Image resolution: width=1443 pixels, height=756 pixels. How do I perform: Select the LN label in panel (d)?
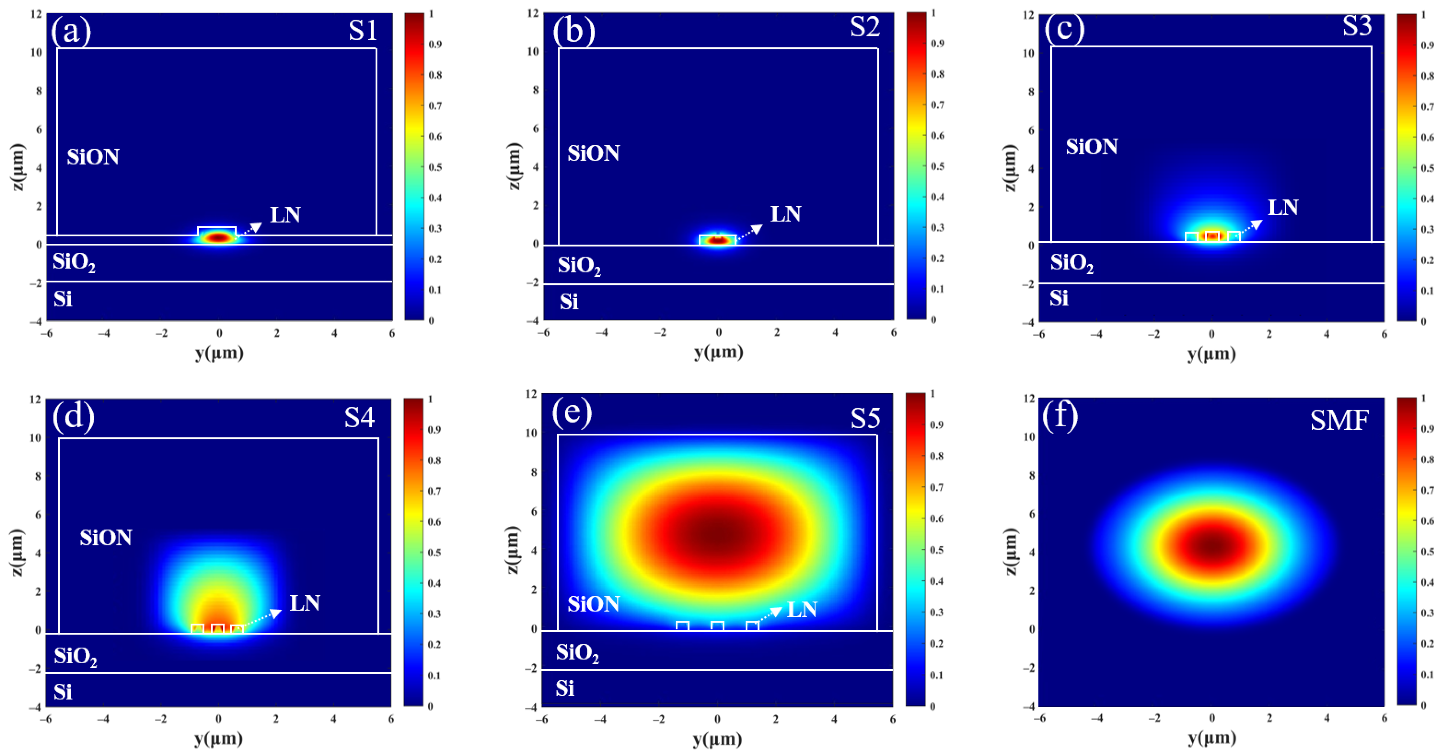click(x=305, y=603)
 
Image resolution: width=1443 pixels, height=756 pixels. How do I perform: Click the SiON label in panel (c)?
click(x=1091, y=147)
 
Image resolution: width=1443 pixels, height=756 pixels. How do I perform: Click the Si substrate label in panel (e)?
click(x=565, y=688)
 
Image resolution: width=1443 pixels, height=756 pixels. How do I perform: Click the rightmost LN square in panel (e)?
click(x=752, y=626)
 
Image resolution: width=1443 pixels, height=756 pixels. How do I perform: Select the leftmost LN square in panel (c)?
click(x=1191, y=237)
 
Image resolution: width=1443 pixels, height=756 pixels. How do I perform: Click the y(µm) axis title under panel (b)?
click(x=718, y=352)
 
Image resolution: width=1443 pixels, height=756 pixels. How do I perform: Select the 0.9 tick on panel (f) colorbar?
click(x=1427, y=429)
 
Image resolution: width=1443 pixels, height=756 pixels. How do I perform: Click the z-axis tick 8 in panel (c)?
click(x=1031, y=91)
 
